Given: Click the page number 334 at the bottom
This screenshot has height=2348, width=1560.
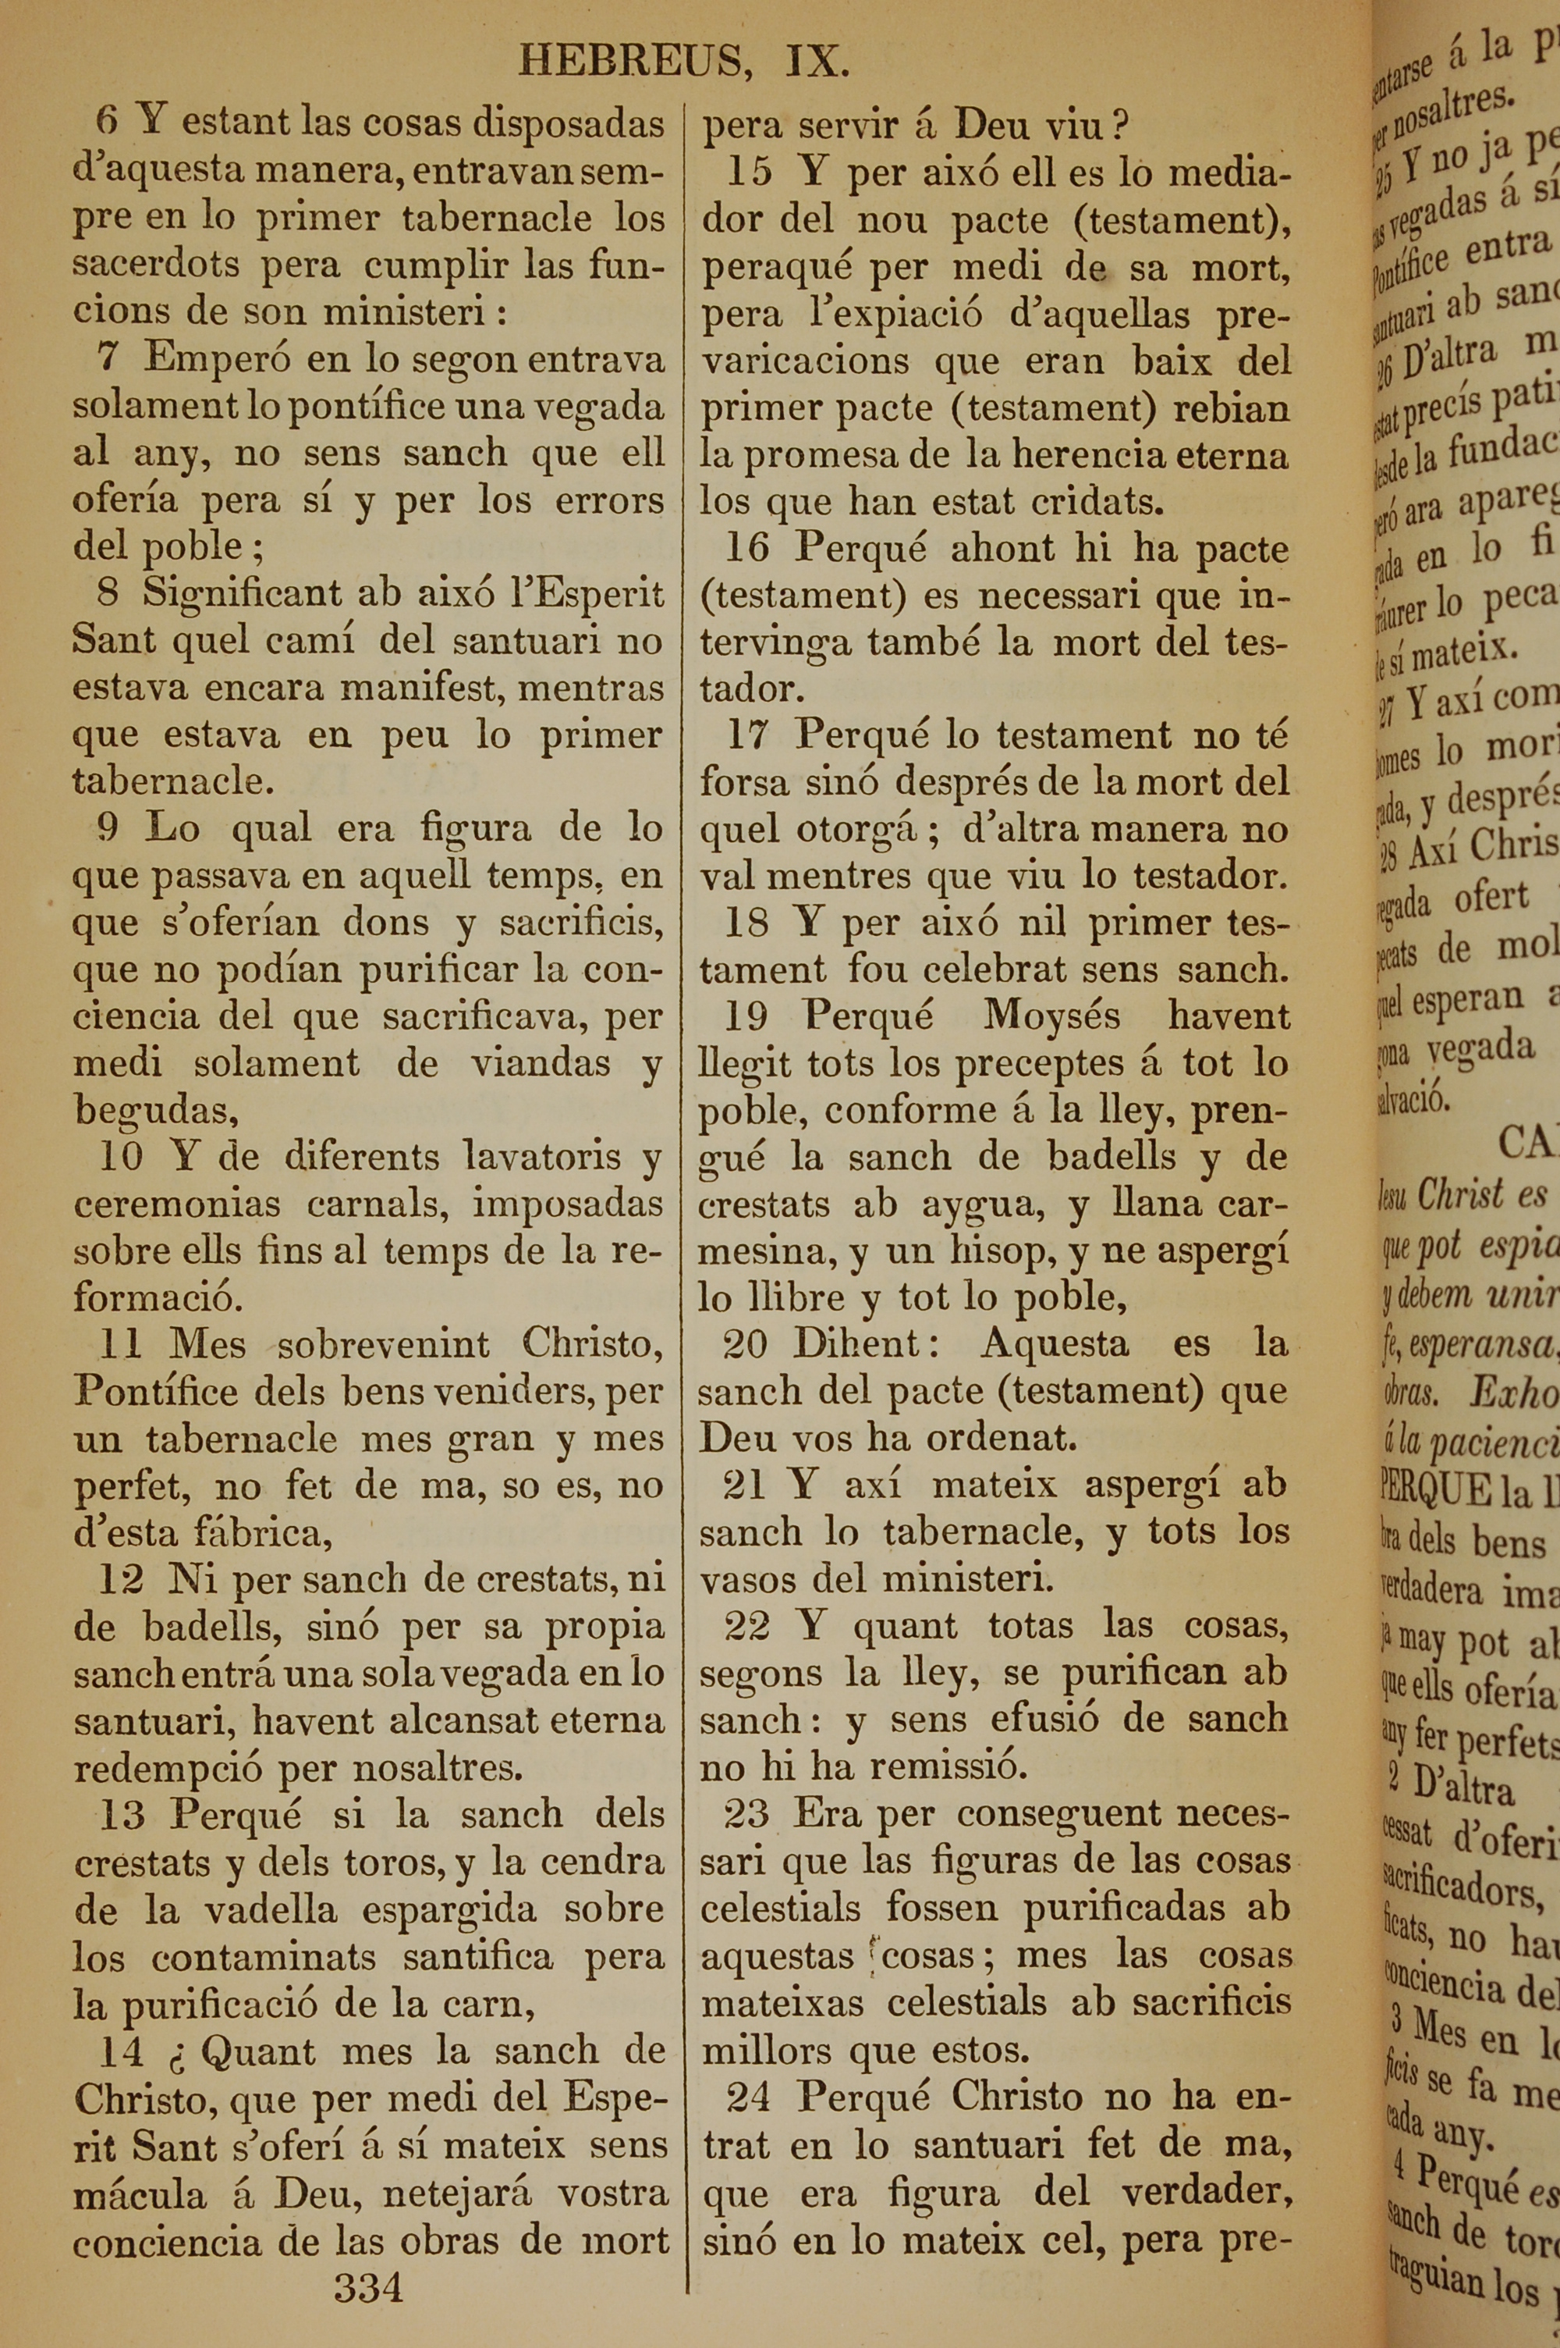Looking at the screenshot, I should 369,2287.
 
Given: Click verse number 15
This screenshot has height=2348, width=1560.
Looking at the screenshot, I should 748,173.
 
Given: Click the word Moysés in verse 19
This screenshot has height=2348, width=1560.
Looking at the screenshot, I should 1051,1016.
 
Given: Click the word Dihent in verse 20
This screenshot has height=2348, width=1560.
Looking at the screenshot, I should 857,1345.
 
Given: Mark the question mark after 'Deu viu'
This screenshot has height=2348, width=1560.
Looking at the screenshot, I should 1120,126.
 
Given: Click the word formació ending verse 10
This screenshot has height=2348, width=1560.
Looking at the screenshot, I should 158,1298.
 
